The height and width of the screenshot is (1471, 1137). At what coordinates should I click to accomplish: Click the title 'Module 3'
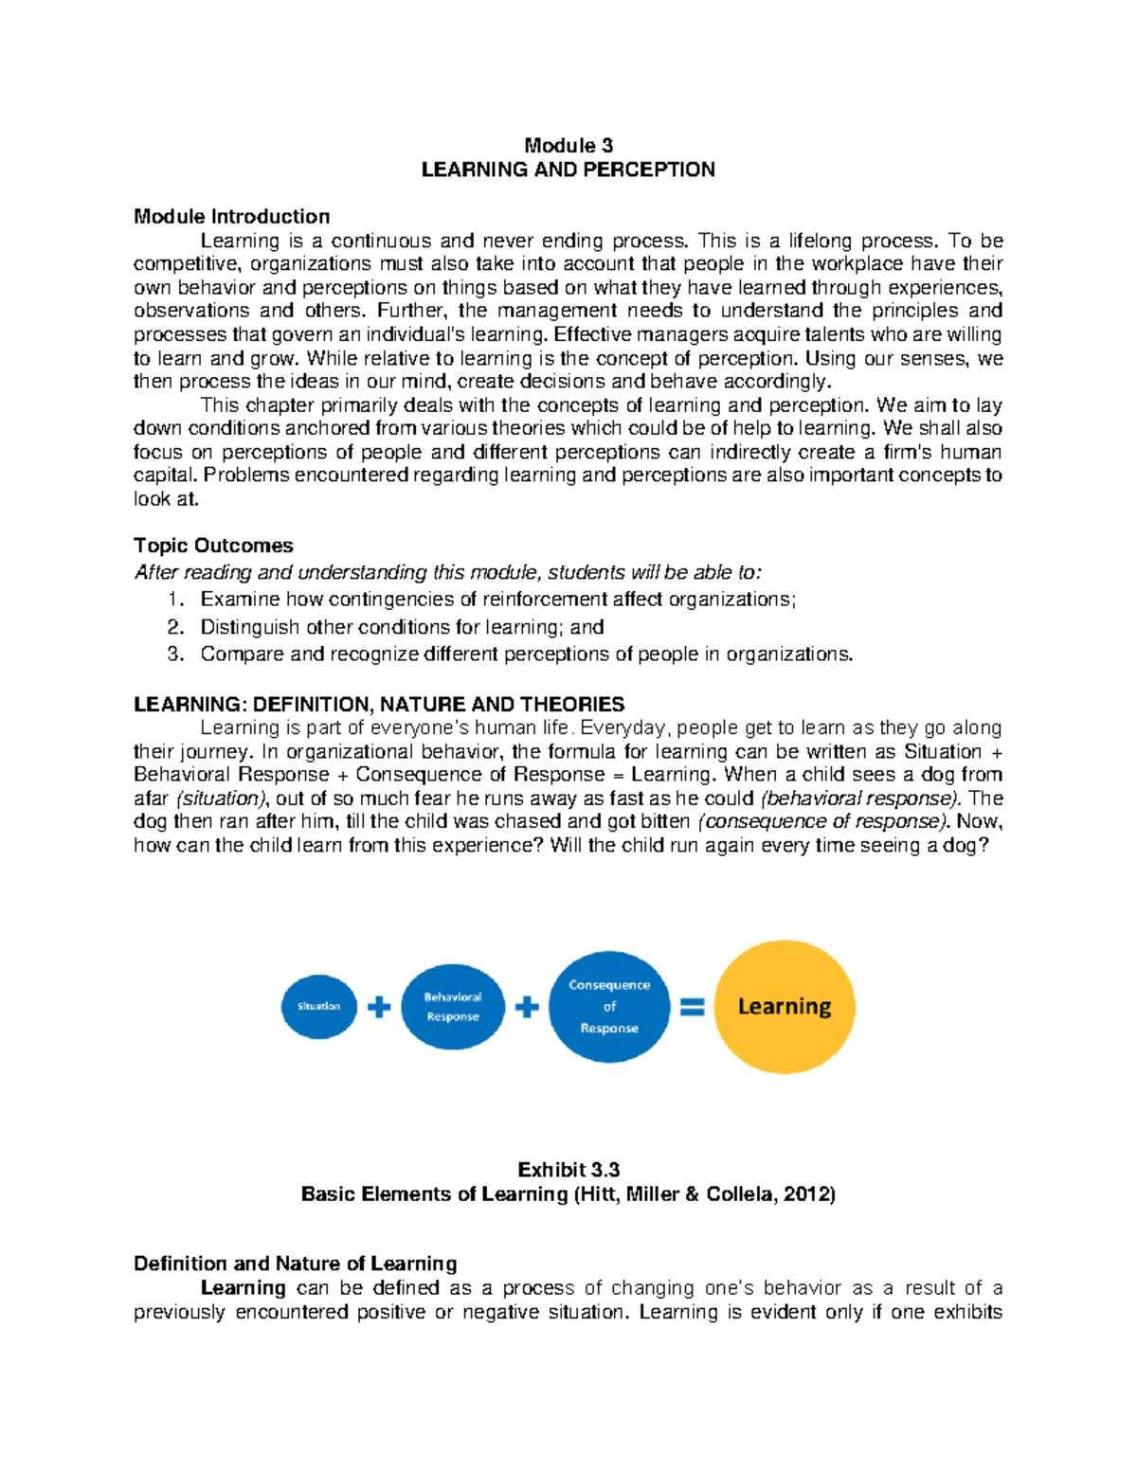coord(568,145)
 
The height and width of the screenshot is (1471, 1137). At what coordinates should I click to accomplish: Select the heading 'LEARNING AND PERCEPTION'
coord(568,170)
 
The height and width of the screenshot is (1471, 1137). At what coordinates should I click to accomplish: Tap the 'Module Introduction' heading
coord(231,216)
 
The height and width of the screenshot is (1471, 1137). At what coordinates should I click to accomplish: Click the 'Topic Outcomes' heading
coord(213,546)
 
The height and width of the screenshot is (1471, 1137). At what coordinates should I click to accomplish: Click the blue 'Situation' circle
coord(319,1006)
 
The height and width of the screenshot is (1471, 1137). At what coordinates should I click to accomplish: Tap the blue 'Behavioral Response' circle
coord(453,1007)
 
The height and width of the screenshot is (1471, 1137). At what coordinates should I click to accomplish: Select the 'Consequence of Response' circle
coord(609,1007)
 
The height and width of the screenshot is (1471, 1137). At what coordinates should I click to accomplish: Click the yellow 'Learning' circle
coord(785,1007)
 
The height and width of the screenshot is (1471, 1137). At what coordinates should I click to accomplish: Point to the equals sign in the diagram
coord(693,1008)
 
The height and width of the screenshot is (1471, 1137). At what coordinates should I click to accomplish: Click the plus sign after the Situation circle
coord(379,1007)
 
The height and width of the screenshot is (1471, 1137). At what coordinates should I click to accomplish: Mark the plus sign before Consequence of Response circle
coord(527,1007)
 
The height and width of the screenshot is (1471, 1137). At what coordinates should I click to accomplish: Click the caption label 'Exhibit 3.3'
coord(568,1170)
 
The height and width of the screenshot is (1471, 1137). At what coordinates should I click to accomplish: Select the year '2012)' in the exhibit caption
coord(809,1194)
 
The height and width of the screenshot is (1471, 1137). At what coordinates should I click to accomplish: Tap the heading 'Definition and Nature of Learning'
coord(295,1264)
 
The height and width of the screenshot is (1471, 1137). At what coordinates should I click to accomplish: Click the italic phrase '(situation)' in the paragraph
coord(223,798)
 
